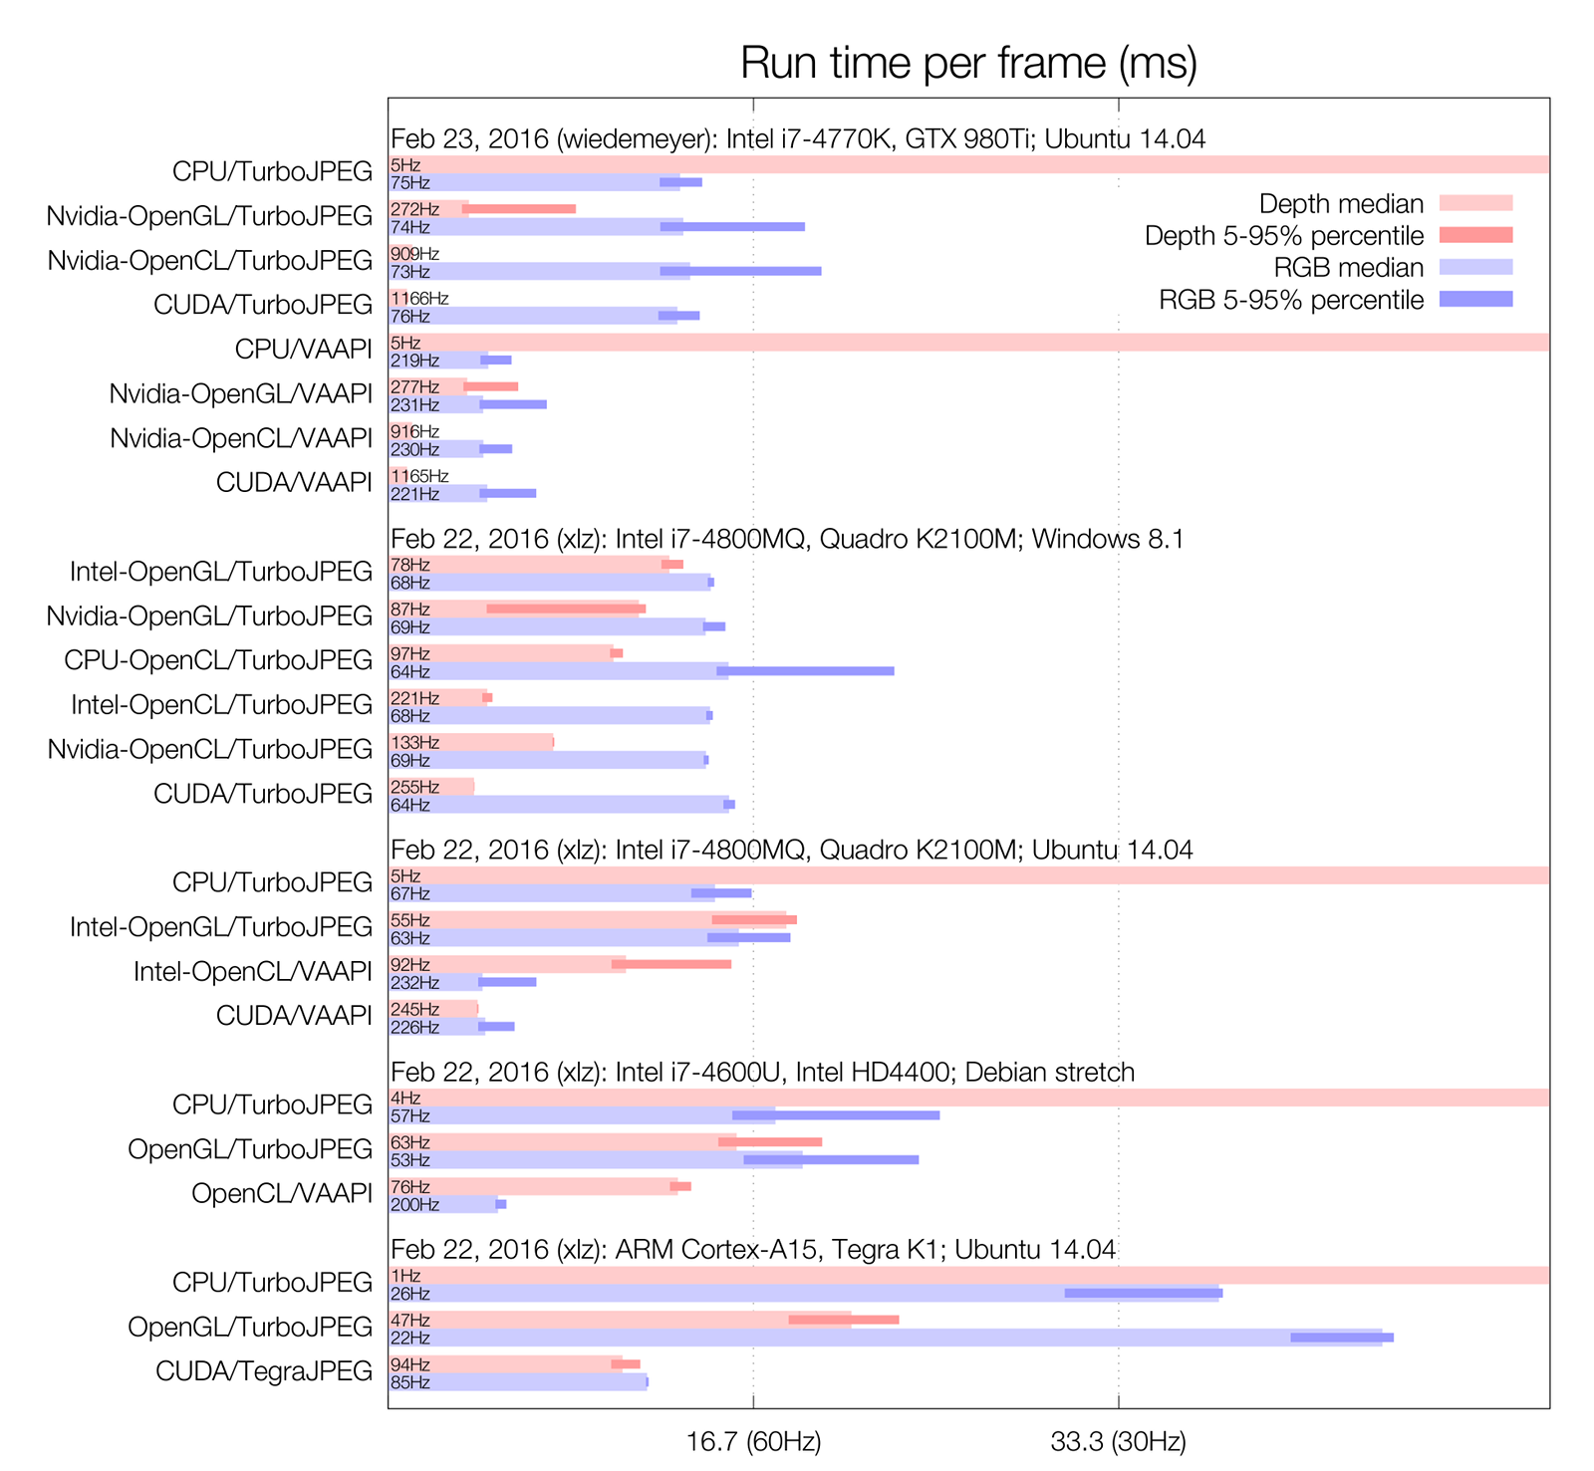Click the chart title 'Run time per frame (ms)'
pyautogui.click(x=968, y=63)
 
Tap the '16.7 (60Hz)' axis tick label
pyautogui.click(x=753, y=1441)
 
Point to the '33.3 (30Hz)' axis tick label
pyautogui.click(x=1118, y=1441)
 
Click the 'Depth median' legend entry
pyautogui.click(x=1341, y=204)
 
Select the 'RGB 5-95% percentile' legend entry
pyautogui.click(x=1291, y=300)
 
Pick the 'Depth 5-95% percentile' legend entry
pyautogui.click(x=1284, y=236)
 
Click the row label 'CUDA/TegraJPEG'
pyautogui.click(x=264, y=1371)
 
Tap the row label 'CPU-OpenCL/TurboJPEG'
pyautogui.click(x=218, y=660)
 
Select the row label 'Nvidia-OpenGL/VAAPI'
pyautogui.click(x=241, y=393)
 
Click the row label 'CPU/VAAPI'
pyautogui.click(x=304, y=349)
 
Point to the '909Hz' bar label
pyautogui.click(x=414, y=254)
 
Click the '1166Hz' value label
pyautogui.click(x=419, y=298)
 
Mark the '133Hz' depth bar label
pyautogui.click(x=414, y=742)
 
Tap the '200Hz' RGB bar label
pyautogui.click(x=414, y=1205)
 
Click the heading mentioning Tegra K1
pyautogui.click(x=753, y=1249)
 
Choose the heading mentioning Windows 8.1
pyautogui.click(x=787, y=539)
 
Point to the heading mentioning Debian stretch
pyautogui.click(x=762, y=1072)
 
